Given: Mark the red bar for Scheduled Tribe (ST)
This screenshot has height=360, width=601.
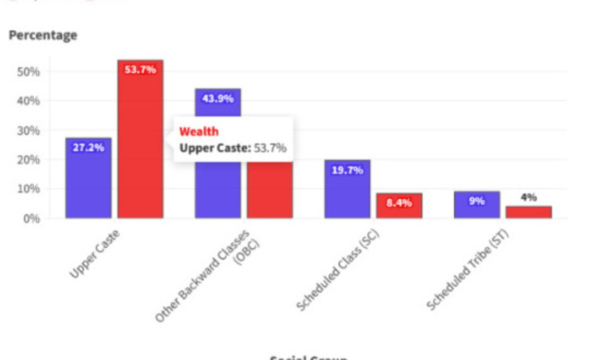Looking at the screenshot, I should (x=528, y=212).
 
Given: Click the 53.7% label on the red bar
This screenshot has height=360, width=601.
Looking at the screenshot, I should (x=140, y=70).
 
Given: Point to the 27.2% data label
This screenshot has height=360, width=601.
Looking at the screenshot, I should (x=89, y=147).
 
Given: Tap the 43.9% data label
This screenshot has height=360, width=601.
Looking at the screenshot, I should (x=218, y=99).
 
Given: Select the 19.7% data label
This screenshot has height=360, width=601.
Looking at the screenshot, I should (x=347, y=170).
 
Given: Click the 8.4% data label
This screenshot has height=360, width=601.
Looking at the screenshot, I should (x=399, y=203).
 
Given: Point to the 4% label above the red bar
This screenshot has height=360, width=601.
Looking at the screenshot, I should (x=528, y=197).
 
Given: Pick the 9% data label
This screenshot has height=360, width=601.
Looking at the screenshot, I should (x=477, y=201).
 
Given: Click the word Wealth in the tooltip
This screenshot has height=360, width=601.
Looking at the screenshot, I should (x=199, y=131).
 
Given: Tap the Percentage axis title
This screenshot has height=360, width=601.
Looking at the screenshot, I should (x=43, y=35).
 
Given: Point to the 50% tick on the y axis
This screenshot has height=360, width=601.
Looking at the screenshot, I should (x=28, y=72).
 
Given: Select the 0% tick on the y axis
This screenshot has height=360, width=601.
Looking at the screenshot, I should (x=31, y=219).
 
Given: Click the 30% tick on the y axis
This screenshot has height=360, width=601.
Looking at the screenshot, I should (x=28, y=131).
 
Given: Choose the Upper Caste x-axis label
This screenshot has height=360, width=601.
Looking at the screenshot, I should (x=95, y=254).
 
